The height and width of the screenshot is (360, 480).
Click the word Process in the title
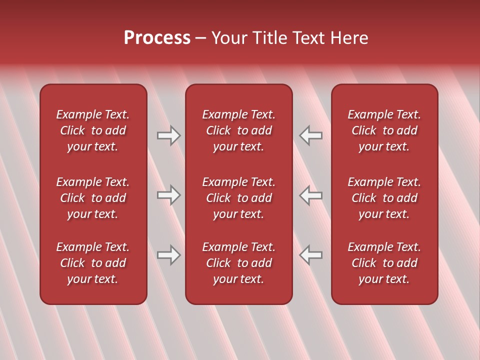[157, 38]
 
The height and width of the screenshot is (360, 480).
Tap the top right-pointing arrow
[168, 135]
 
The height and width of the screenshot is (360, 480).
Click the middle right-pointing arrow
[168, 195]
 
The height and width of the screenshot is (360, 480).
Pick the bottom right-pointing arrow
[168, 255]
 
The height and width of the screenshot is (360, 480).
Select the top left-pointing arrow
[311, 135]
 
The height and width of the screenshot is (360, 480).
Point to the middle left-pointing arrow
[311, 195]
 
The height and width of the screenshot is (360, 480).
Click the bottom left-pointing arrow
[311, 255]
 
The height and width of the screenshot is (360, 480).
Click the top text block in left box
[93, 130]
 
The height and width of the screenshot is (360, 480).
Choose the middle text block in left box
[93, 198]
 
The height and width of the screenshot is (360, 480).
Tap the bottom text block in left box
[93, 263]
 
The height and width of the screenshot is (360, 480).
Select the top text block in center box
[238, 130]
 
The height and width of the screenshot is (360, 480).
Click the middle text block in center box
[238, 198]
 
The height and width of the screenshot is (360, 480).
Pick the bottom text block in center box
[238, 263]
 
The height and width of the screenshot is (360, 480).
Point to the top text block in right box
[384, 130]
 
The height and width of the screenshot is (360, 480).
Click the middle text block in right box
[384, 198]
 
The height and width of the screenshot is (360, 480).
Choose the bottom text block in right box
[384, 263]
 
